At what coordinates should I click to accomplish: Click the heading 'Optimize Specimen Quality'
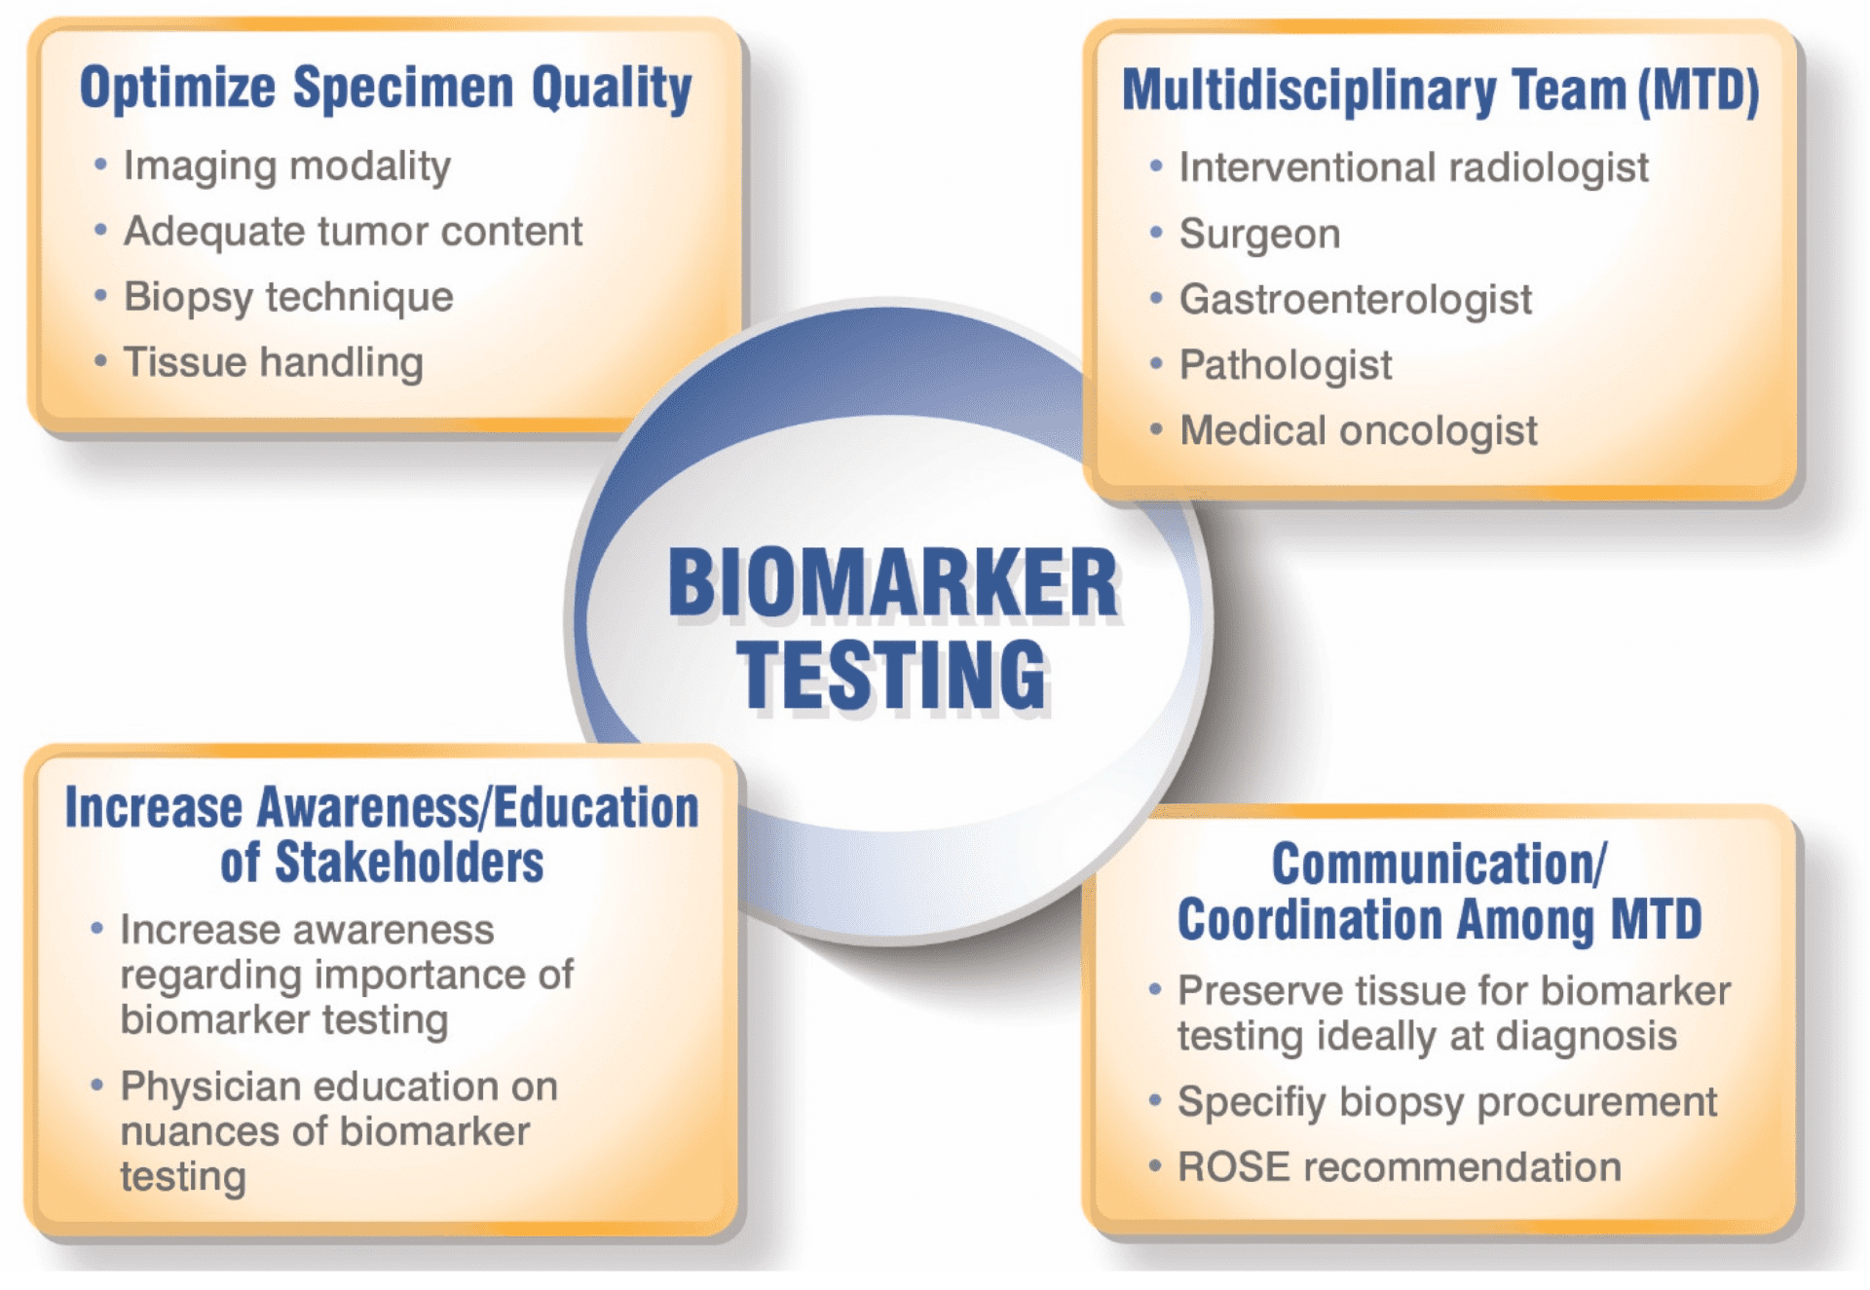(386, 89)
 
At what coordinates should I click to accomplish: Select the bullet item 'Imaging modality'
(287, 166)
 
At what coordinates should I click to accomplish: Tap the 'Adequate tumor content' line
(353, 232)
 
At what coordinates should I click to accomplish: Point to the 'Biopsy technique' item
(288, 297)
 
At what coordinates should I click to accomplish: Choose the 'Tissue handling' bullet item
(274, 362)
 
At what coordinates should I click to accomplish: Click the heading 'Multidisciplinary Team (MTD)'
(1440, 91)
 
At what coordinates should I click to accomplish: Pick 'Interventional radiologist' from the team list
(1414, 167)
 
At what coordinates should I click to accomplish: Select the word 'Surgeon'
(1260, 234)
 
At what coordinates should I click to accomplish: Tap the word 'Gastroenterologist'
(1356, 300)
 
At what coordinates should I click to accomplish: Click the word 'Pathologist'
(1286, 365)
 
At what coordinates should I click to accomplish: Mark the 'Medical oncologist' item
(1359, 430)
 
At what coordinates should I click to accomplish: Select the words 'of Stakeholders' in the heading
(382, 863)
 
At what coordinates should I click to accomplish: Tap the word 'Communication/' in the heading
(1440, 864)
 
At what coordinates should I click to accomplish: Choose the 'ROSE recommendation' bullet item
(1400, 1167)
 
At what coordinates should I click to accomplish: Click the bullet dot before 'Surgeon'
(1156, 233)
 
